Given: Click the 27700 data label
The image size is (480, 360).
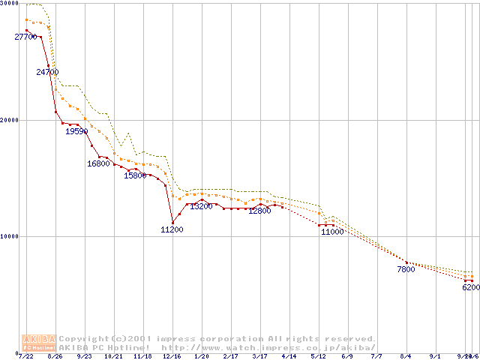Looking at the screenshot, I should tap(25, 37).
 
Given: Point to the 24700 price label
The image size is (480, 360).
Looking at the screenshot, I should tap(47, 72).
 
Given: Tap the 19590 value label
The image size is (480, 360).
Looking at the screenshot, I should tap(76, 131).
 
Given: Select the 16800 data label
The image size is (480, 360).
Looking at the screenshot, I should tap(98, 163).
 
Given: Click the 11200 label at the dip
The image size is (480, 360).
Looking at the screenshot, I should tap(172, 229).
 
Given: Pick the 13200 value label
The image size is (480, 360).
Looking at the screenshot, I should tap(200, 206).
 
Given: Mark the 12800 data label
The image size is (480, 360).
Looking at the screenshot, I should tap(259, 211).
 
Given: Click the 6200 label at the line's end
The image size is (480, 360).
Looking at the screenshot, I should tap(470, 287).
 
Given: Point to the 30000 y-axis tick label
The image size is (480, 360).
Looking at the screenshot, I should tap(9, 4).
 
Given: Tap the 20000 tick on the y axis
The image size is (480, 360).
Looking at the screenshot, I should tap(9, 120).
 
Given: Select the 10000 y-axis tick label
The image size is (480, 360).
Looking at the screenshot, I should tap(9, 236).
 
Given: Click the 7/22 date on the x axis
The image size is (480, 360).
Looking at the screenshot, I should tap(25, 356).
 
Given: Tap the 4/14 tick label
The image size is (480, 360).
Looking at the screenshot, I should tap(289, 356).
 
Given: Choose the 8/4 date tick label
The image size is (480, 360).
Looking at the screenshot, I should tap(406, 356).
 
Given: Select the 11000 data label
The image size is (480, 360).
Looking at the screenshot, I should tap(332, 232).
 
